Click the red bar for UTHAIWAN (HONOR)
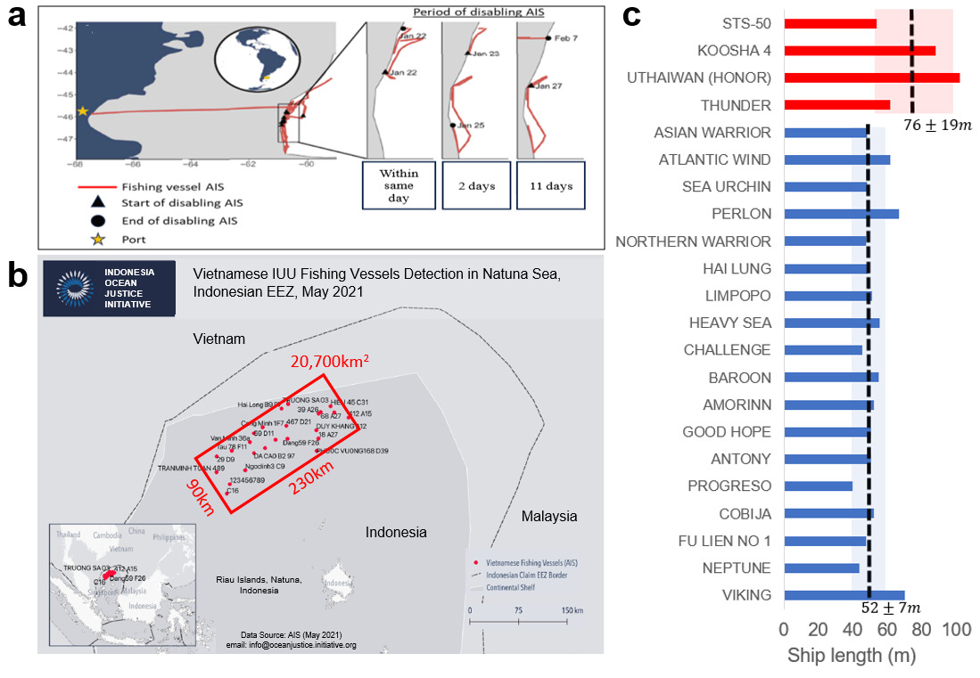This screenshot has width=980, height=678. click(x=871, y=78)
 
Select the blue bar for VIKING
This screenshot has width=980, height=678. click(x=844, y=595)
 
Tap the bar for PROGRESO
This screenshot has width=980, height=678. click(x=818, y=486)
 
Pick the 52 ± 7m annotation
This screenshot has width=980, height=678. click(x=891, y=608)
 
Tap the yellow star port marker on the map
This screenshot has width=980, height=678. click(x=82, y=111)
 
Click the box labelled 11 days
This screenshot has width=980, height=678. click(x=551, y=186)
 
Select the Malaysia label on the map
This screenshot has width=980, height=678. click(x=549, y=516)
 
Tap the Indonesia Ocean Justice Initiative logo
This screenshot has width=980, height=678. click(x=109, y=287)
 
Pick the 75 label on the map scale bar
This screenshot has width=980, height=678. click(x=516, y=610)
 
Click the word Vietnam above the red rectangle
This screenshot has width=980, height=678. click(x=218, y=338)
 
